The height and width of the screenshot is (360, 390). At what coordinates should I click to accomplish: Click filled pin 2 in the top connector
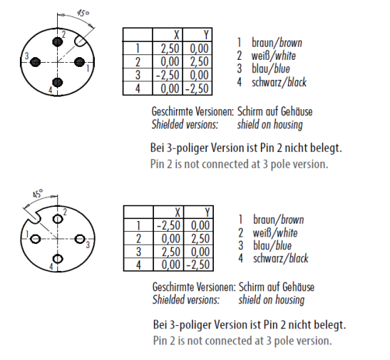point(58,42)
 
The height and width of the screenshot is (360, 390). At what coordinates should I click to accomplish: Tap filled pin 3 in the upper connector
point(36,61)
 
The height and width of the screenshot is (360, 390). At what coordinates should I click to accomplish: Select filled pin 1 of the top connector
point(80,61)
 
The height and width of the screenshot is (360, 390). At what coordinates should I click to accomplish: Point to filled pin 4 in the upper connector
point(58,82)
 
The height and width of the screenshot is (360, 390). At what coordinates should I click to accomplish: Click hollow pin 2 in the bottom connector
point(58,219)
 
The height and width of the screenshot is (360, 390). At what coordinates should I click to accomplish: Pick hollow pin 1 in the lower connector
point(36,239)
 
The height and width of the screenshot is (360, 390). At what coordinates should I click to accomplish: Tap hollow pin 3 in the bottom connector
point(80,239)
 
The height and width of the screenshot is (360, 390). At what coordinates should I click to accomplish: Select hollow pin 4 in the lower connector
point(58,259)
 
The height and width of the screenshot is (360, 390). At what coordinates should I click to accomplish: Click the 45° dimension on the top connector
point(83,13)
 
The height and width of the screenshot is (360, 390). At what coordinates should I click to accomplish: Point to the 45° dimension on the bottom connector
point(38,193)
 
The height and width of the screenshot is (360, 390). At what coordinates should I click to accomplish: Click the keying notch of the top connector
point(81,41)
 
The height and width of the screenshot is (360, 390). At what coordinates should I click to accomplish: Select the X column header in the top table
point(176,35)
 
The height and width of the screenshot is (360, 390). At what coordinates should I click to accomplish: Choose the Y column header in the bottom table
point(207,212)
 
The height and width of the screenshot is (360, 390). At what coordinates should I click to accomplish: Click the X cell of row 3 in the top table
point(168,75)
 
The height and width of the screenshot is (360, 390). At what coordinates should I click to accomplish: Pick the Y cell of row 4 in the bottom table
point(198,264)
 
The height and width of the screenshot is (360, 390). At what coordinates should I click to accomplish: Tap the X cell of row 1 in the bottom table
point(168,225)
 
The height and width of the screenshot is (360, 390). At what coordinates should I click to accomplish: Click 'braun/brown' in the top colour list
point(277,43)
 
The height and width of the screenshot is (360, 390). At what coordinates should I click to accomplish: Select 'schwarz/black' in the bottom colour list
point(281,258)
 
